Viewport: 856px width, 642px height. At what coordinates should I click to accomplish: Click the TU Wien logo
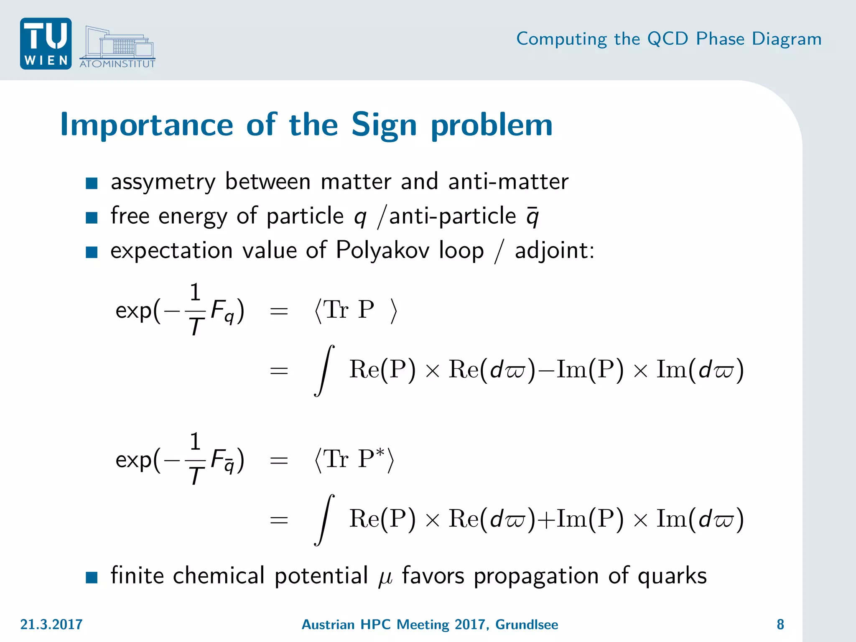pos(46,43)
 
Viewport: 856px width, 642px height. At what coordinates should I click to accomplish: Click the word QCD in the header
pos(667,39)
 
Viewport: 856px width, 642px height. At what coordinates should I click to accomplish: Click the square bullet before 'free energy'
pos(92,217)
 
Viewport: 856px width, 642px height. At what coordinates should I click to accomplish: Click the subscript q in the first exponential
pos(229,318)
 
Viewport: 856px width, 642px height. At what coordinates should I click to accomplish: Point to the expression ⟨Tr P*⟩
pos(354,459)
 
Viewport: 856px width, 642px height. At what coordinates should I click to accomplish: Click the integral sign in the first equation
pos(324,370)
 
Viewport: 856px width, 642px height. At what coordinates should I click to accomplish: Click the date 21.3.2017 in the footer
pos(51,624)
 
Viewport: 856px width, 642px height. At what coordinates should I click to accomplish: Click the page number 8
pos(780,624)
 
